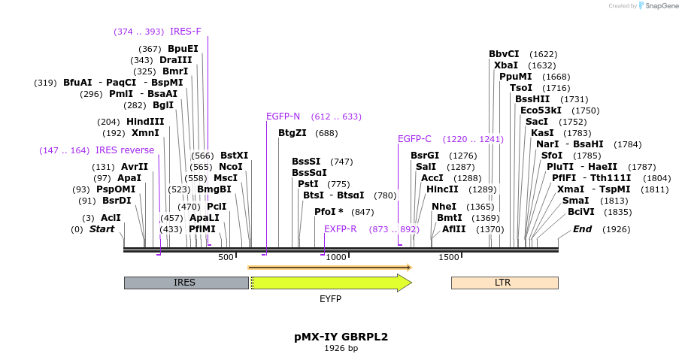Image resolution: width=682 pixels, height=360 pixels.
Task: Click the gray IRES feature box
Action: (x=185, y=283)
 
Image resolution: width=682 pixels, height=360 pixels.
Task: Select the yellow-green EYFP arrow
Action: (x=330, y=283)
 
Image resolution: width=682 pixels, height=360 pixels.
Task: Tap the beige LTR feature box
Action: (x=504, y=283)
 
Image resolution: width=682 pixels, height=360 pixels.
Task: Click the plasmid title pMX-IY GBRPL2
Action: (x=341, y=337)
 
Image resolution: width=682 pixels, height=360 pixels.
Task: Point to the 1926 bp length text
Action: (x=341, y=348)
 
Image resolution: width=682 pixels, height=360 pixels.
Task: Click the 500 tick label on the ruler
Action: (x=226, y=258)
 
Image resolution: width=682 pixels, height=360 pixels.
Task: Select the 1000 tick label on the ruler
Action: (x=335, y=258)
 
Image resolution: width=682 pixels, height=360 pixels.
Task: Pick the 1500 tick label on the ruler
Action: (x=448, y=258)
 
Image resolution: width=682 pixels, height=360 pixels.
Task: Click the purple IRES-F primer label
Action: (x=185, y=32)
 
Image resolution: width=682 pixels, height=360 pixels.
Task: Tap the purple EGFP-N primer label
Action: (x=283, y=116)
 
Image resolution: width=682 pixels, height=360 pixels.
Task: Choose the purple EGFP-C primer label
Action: (x=414, y=139)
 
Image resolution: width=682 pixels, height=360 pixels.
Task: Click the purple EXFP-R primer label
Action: (x=340, y=228)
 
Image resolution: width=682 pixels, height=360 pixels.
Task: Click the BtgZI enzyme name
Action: (x=292, y=133)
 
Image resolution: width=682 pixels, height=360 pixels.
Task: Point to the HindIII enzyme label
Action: (x=145, y=122)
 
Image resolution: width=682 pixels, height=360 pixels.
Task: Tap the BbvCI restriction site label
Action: (x=504, y=54)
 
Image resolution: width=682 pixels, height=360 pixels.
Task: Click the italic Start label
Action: (x=102, y=228)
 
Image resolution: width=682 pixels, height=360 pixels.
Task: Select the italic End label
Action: (x=582, y=228)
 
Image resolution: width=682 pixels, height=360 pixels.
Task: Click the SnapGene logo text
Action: (x=658, y=6)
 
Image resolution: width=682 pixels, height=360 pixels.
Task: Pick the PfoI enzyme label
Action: (x=328, y=212)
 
